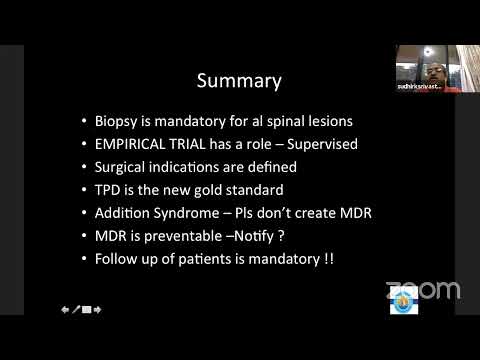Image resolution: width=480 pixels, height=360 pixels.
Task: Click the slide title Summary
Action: (x=239, y=80)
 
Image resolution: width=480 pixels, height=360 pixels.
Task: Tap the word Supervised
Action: (x=318, y=144)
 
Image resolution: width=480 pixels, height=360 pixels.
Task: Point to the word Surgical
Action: (x=124, y=167)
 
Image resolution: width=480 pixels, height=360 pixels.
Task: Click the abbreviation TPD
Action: (x=110, y=190)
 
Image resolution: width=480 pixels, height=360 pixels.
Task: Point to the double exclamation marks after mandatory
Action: (x=328, y=259)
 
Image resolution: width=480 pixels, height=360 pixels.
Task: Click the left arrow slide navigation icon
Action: (x=65, y=310)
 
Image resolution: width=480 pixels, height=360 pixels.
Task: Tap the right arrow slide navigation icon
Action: (x=98, y=310)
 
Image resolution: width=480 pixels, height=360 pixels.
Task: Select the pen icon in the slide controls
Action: (x=76, y=310)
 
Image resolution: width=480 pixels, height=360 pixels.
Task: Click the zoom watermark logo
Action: (x=423, y=290)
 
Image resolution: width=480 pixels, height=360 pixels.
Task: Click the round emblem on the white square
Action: (x=403, y=301)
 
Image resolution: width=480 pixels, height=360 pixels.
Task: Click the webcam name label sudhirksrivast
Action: (x=417, y=87)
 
